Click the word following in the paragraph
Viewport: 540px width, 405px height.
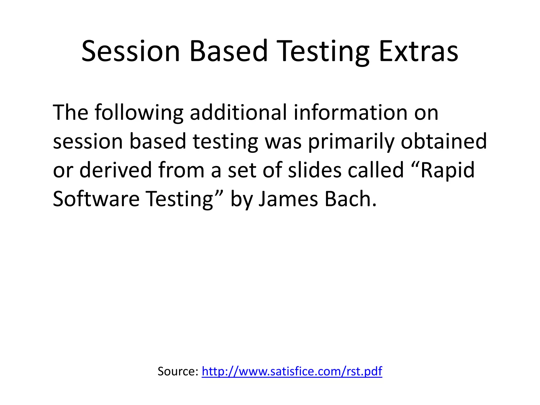139,113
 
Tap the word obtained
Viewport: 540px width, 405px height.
444,141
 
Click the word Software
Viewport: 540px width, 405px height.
96,199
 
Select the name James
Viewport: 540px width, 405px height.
288,199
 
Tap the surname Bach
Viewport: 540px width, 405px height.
350,199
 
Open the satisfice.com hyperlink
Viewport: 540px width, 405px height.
292,371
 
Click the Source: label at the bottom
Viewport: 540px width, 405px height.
178,371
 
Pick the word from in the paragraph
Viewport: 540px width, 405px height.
181,170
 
